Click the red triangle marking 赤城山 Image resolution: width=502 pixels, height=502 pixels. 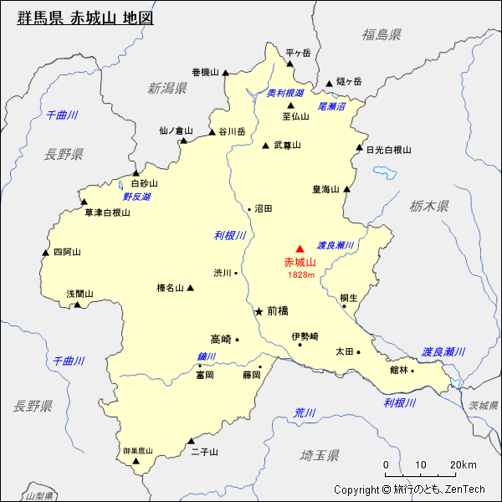300,248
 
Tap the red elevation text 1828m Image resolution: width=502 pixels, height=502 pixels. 300,274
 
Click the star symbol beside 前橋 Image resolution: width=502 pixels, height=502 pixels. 259,310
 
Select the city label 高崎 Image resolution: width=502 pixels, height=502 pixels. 221,339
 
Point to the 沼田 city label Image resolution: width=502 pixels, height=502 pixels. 264,208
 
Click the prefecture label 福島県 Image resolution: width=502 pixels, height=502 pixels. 382,34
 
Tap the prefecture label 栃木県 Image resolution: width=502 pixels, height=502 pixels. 430,206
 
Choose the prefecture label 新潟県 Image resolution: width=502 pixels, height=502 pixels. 167,88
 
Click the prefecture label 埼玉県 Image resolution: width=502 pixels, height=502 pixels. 320,455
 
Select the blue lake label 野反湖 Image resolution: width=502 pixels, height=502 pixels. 136,197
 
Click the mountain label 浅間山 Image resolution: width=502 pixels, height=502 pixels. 80,294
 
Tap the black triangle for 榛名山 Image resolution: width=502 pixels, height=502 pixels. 190,288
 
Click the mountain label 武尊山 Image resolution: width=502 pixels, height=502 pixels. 287,145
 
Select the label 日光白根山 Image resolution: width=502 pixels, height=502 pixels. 389,150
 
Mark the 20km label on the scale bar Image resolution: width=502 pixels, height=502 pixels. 463,465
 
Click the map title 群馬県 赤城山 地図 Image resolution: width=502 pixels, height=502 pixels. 85,18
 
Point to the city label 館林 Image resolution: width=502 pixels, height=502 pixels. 398,370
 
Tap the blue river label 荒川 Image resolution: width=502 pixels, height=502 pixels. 305,412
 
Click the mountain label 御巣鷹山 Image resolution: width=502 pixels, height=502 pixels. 137,451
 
